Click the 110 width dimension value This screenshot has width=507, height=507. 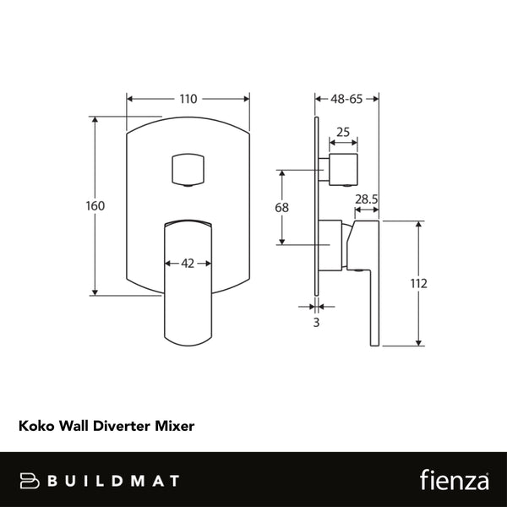coord(188,99)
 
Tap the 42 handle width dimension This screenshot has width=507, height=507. coord(188,263)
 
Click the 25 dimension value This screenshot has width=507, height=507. coord(343,132)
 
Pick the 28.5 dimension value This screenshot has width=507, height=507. coord(366,199)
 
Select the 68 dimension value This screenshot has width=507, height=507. coord(282,207)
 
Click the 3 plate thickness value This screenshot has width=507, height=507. coord(317,323)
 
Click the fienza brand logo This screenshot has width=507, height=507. coord(455,480)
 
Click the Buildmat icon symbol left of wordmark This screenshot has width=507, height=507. coord(31,481)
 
